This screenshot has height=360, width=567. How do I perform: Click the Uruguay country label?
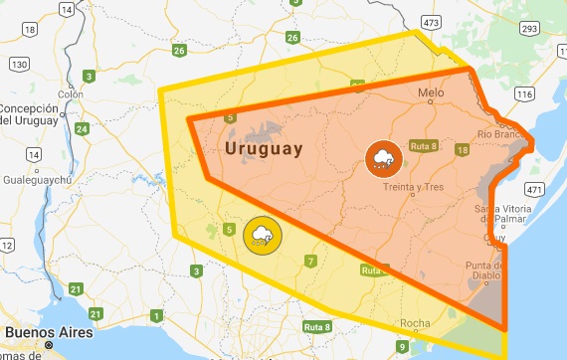click(264, 149)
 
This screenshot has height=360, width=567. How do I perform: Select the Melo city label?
click(431, 93)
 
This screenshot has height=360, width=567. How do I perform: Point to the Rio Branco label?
click(499, 133)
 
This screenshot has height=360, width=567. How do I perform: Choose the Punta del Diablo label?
click(489, 270)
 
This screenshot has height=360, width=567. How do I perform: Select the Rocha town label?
click(415, 323)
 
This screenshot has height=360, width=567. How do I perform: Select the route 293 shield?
click(529, 29)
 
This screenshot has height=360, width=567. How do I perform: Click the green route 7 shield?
click(310, 262)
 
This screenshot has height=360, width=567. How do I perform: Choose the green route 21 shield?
click(76, 289)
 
